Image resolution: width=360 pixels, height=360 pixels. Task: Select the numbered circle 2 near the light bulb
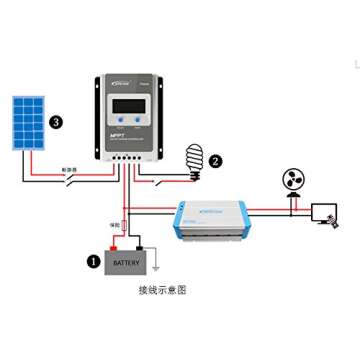[215, 159]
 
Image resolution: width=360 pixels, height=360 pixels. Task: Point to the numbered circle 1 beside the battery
[93, 261]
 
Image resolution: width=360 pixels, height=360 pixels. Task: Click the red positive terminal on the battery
[114, 246]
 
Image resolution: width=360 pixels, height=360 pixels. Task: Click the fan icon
[294, 183]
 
